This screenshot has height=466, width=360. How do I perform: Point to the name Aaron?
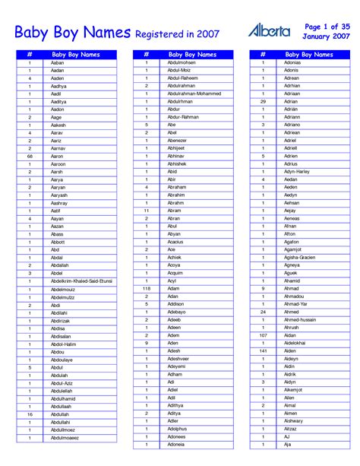pyautogui.click(x=58, y=156)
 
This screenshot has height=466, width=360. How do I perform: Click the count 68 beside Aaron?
pyautogui.click(x=30, y=156)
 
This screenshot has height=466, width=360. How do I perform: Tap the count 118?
pyautogui.click(x=147, y=289)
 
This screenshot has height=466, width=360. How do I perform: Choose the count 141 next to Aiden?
pyautogui.click(x=263, y=351)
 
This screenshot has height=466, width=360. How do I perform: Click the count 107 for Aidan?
pyautogui.click(x=263, y=335)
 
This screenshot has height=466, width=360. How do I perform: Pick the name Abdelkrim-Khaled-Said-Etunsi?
pyautogui.click(x=81, y=281)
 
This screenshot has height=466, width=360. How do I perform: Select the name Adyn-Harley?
pyautogui.click(x=297, y=171)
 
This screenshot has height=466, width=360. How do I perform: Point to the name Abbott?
pyautogui.click(x=58, y=242)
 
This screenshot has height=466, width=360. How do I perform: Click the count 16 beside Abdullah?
pyautogui.click(x=30, y=414)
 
